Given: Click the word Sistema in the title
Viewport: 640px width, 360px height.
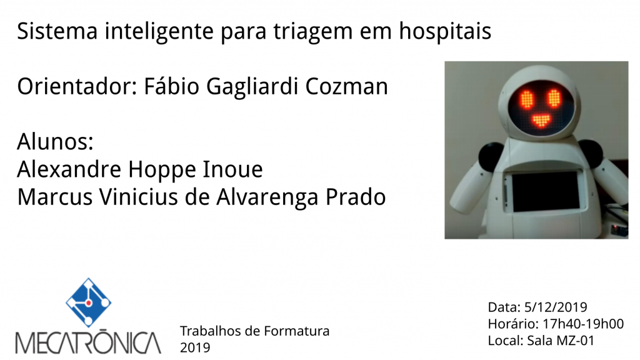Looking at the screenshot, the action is pyautogui.click(x=57, y=31).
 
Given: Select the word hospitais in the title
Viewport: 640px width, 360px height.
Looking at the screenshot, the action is pyautogui.click(x=445, y=31).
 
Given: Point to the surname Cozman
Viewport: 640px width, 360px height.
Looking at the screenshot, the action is pyautogui.click(x=346, y=86).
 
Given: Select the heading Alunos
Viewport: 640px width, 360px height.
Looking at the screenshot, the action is pyautogui.click(x=56, y=142).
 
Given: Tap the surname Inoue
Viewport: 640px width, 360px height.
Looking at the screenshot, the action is pyautogui.click(x=232, y=169).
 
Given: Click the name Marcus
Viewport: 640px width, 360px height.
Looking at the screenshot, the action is pyautogui.click(x=55, y=197).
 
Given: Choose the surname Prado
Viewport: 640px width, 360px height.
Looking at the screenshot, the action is pyautogui.click(x=355, y=197).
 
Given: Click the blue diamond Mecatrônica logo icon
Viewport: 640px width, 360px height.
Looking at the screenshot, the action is pyautogui.click(x=89, y=302).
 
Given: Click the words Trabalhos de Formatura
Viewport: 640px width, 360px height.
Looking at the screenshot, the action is pyautogui.click(x=255, y=331).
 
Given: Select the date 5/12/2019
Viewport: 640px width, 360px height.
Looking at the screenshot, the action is pyautogui.click(x=556, y=307).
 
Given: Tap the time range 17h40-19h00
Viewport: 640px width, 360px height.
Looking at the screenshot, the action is pyautogui.click(x=583, y=324).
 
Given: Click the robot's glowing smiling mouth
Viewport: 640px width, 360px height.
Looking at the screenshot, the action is pyautogui.click(x=541, y=121).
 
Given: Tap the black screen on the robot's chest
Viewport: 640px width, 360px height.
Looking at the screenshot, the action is pyautogui.click(x=546, y=191).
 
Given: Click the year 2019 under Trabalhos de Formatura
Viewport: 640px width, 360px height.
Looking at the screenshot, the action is pyautogui.click(x=195, y=347).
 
